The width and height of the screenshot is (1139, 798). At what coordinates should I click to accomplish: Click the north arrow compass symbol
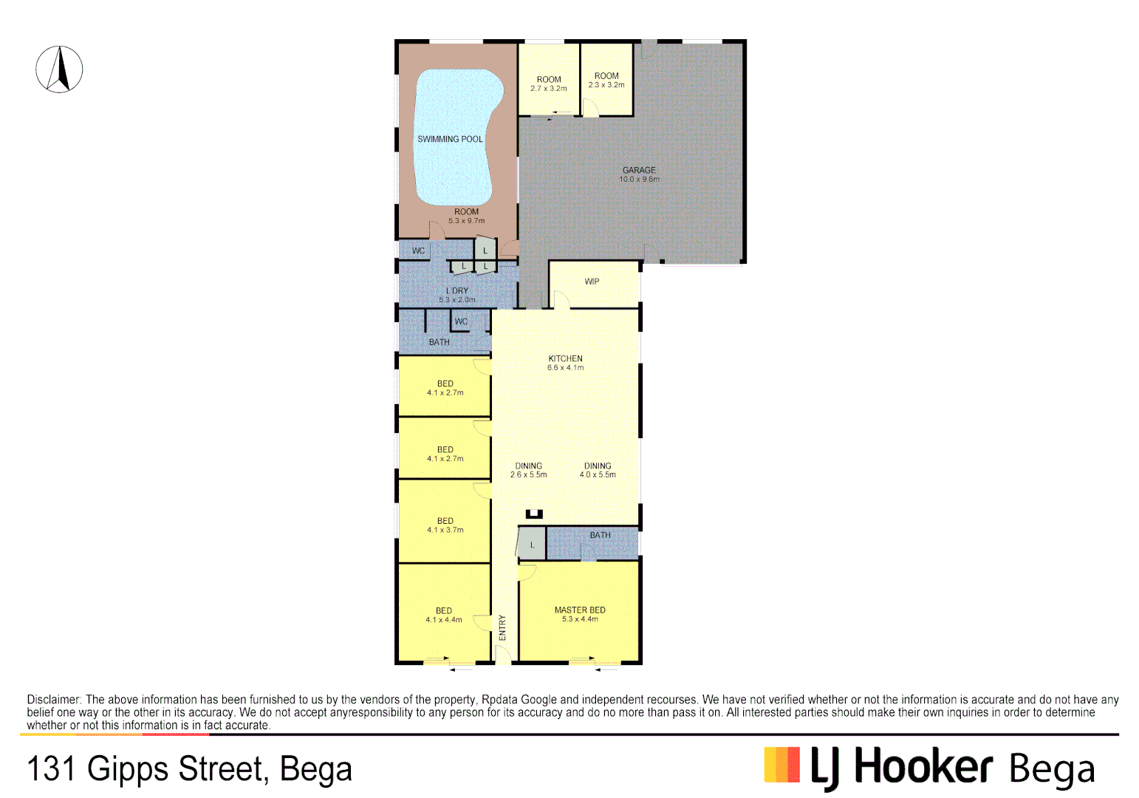click(x=59, y=69)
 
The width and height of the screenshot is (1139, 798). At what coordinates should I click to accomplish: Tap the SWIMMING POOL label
click(x=450, y=139)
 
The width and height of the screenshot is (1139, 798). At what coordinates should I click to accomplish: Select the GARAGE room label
click(x=639, y=170)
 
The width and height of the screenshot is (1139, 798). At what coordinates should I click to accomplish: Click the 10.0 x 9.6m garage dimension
click(x=639, y=180)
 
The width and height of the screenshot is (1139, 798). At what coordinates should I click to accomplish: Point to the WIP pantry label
click(x=592, y=282)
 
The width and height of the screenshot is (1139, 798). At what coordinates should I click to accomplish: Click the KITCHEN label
click(x=565, y=358)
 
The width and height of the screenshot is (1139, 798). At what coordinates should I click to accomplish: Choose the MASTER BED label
click(x=580, y=610)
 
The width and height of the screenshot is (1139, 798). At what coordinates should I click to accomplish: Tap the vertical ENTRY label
click(x=502, y=627)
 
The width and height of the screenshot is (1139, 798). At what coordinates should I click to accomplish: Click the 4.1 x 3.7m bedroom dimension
click(x=445, y=531)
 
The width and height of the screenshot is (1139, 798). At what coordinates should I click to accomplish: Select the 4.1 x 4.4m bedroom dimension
click(x=443, y=620)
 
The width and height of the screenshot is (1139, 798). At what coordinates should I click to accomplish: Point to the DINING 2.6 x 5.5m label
click(x=528, y=471)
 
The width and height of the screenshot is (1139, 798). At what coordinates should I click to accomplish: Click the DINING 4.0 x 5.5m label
click(x=598, y=471)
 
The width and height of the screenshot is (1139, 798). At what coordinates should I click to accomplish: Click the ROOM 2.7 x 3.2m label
click(x=549, y=83)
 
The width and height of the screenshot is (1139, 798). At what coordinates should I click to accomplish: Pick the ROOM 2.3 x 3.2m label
click(x=606, y=80)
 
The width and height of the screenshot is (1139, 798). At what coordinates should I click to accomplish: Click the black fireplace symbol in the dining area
click(x=534, y=514)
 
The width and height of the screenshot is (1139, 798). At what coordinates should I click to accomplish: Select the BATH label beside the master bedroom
click(x=600, y=535)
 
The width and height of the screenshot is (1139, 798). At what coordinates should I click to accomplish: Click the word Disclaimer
click(x=54, y=700)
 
